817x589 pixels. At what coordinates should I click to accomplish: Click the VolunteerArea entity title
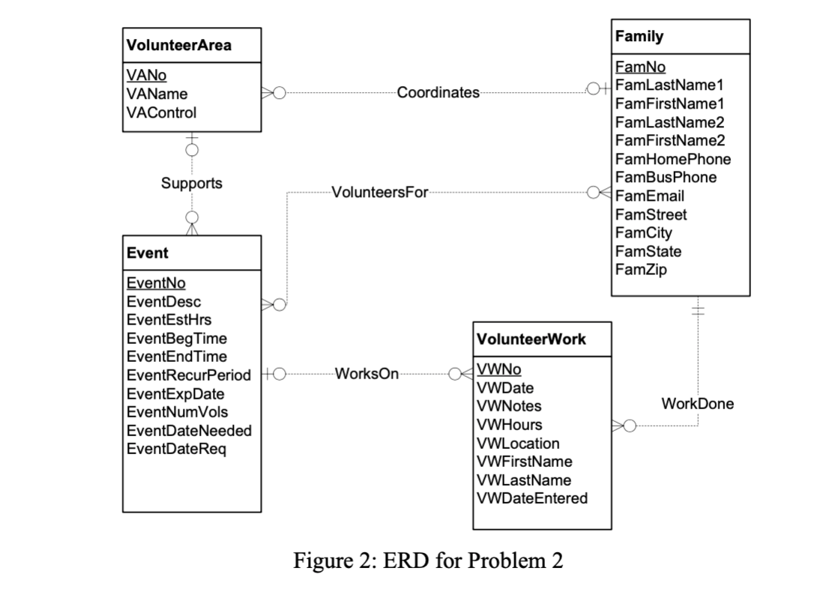(x=179, y=45)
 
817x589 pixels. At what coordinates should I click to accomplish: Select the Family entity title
(x=639, y=36)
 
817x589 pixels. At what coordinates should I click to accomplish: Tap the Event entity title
(x=147, y=253)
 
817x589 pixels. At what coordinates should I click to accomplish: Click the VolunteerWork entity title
(x=531, y=339)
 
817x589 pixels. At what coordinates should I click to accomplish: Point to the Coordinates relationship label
(x=438, y=93)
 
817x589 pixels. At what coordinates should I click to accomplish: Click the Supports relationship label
(x=192, y=183)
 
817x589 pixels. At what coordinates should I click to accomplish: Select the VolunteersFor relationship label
(x=379, y=193)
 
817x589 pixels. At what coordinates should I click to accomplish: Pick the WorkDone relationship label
(x=697, y=404)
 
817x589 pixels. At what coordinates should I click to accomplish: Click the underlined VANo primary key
(x=147, y=76)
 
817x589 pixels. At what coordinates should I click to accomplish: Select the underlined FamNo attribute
(x=639, y=67)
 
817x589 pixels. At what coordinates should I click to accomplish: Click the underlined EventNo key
(x=156, y=283)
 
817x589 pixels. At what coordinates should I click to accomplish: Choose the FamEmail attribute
(x=649, y=196)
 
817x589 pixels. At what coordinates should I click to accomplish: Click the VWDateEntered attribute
(x=532, y=498)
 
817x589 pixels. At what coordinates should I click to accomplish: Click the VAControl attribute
(x=161, y=112)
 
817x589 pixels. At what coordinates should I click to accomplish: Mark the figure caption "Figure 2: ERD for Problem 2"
(x=427, y=561)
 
